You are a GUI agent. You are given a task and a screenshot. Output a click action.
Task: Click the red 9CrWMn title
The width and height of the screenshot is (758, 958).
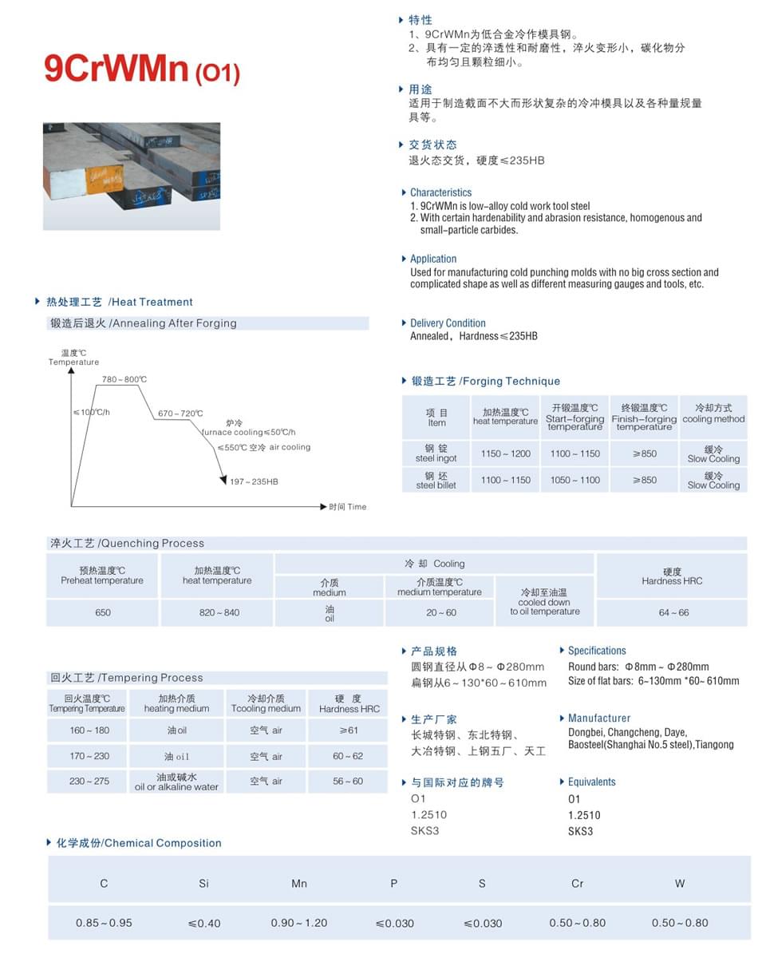click(x=142, y=69)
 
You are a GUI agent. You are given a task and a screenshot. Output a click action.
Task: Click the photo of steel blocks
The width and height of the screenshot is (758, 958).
click(x=132, y=176)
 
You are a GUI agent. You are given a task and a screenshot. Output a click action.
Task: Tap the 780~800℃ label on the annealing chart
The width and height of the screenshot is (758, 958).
click(x=124, y=378)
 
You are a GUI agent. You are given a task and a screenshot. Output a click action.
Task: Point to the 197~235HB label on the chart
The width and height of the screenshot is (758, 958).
click(x=254, y=481)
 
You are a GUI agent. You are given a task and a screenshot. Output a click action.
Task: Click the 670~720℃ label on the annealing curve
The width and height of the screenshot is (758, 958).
click(x=180, y=414)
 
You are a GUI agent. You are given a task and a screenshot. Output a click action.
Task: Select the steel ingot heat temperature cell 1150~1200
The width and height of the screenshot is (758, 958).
click(x=505, y=453)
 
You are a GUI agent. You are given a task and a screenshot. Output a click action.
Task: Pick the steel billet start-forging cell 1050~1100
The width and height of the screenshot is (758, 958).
click(x=574, y=480)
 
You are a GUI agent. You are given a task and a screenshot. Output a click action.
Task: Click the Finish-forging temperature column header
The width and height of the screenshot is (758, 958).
click(x=644, y=417)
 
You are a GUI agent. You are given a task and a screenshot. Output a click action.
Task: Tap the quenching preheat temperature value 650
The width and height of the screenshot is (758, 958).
click(x=103, y=612)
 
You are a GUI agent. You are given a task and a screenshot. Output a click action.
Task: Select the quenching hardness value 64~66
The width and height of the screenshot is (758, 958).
click(x=673, y=612)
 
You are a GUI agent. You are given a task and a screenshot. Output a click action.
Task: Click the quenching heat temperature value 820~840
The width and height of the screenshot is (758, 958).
click(x=217, y=612)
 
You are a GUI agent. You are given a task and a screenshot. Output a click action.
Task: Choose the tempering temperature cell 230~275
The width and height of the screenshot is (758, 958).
click(x=89, y=781)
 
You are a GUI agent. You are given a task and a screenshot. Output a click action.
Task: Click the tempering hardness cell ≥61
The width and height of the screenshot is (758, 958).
click(x=348, y=730)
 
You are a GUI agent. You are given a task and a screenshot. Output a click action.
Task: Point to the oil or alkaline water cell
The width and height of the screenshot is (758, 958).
click(x=177, y=782)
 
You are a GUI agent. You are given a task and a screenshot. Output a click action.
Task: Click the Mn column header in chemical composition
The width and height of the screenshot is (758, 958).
click(x=299, y=883)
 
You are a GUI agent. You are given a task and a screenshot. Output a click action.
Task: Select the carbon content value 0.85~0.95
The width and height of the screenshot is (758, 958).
click(x=104, y=922)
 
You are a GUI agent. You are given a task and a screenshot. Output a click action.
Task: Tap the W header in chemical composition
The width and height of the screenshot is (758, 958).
click(x=680, y=883)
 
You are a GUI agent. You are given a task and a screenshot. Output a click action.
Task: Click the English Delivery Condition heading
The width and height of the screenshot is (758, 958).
click(x=448, y=323)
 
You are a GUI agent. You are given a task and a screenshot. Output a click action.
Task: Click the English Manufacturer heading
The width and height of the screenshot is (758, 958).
click(x=598, y=718)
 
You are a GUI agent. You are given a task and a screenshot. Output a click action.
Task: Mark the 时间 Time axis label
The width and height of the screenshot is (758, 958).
click(x=348, y=507)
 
